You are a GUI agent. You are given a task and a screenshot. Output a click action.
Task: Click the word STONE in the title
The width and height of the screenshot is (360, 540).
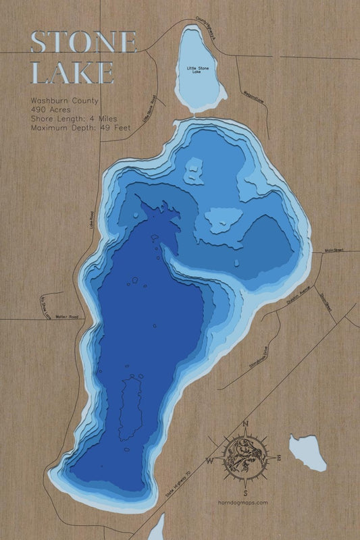84,43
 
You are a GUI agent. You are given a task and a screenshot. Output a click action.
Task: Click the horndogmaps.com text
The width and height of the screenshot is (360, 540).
244,502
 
